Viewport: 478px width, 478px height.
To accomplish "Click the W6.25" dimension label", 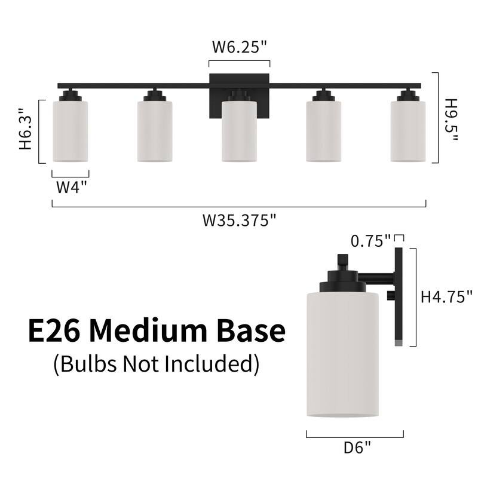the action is point(240,47).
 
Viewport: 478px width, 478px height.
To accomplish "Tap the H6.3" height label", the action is point(26,128).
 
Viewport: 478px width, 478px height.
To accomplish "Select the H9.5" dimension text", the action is point(451,120).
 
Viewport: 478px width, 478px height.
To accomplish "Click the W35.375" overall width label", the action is point(240,220).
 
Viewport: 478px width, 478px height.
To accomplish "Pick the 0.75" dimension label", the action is point(370,241).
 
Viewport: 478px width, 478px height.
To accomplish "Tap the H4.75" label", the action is point(446,296).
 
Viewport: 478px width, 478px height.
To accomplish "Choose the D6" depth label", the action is point(357,447).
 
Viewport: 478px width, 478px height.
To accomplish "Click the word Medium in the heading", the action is point(148,330).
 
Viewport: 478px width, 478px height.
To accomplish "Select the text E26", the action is point(54,330).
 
